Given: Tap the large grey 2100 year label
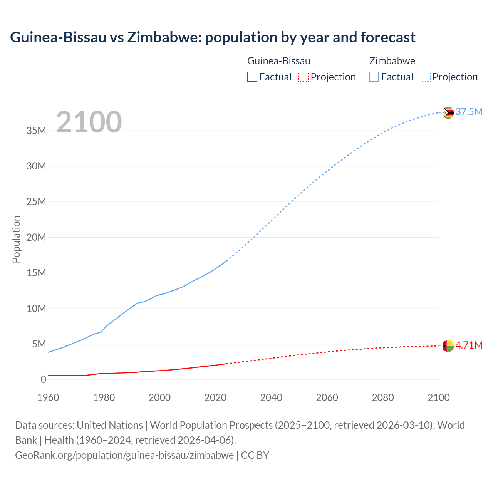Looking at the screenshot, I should [x=89, y=122].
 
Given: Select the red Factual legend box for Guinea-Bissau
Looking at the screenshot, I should [x=252, y=77].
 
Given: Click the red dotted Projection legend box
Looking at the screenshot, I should [x=304, y=77].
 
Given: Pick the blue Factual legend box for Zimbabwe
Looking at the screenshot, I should [x=374, y=77].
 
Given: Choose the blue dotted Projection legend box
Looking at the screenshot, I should [x=425, y=77].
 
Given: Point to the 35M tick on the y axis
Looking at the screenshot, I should [x=36, y=131].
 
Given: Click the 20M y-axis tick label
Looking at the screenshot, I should [x=36, y=237].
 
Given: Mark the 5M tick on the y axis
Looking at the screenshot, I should [x=39, y=344].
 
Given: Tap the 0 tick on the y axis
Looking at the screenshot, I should [x=43, y=379].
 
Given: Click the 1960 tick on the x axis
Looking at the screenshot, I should [x=48, y=397].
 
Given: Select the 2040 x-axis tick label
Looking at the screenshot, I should [x=271, y=397].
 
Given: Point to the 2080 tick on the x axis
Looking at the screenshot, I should [x=383, y=397].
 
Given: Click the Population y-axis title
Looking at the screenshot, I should [x=16, y=239].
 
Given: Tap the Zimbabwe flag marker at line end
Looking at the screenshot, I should [x=448, y=112].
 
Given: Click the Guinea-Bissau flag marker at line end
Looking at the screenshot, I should [x=448, y=346].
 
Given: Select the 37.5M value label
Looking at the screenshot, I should [x=469, y=112].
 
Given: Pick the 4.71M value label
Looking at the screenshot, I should [x=469, y=345].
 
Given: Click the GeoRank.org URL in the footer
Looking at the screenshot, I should [x=124, y=455].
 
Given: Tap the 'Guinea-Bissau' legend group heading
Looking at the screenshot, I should [x=278, y=61].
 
